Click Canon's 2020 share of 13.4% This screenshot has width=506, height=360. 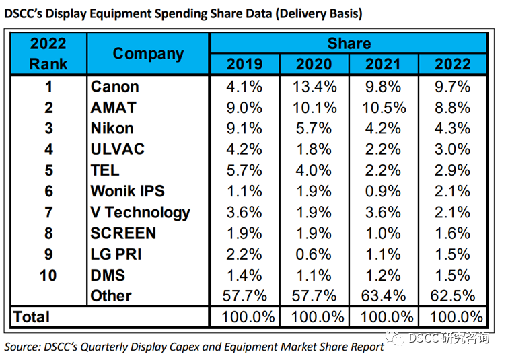tap(314, 87)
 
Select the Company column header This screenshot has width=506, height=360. tap(148, 54)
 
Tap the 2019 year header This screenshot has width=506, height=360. tap(244, 65)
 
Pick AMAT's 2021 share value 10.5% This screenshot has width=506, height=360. tap(384, 108)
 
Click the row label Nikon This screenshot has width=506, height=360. tap(112, 129)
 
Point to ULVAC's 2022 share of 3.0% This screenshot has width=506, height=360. tap(453, 149)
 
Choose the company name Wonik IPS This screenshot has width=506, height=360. tap(127, 191)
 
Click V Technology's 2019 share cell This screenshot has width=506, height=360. tap(244, 213)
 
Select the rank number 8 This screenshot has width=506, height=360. tap(48, 233)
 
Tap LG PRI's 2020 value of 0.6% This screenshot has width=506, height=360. tap(314, 254)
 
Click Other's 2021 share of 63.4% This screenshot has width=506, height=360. tap(384, 296)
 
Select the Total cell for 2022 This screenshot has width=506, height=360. tap(453, 317)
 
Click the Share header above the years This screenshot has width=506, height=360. tap(349, 44)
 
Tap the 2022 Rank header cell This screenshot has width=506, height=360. tap(48, 54)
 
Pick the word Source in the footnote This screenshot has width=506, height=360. tap(23, 347)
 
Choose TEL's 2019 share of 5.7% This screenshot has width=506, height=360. tap(244, 170)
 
